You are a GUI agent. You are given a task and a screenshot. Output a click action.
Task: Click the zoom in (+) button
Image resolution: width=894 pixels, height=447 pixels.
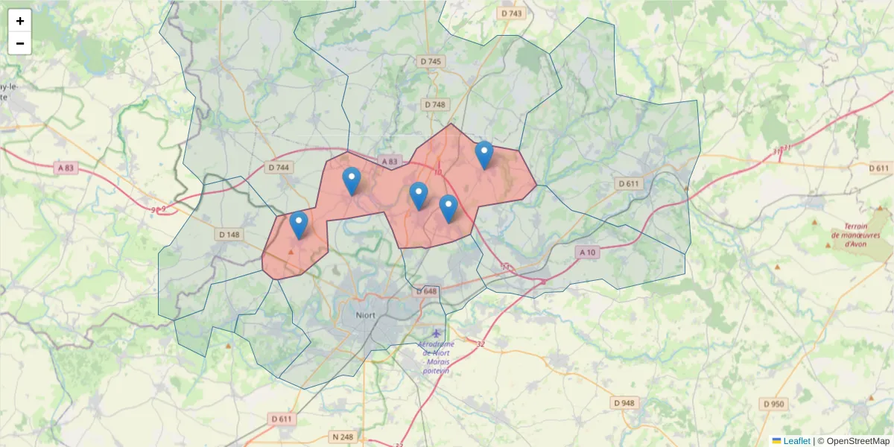[20, 21]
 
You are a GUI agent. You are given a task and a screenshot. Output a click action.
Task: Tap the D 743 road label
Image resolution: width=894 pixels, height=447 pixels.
[512, 13]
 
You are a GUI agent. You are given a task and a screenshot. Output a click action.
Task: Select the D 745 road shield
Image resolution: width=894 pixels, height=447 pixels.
[431, 61]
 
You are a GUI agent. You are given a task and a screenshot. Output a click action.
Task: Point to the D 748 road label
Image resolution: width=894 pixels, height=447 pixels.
[434, 104]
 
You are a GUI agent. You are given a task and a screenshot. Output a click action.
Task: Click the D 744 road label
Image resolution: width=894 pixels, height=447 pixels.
[277, 168]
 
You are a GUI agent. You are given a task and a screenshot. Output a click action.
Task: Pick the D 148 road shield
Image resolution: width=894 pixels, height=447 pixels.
[229, 234]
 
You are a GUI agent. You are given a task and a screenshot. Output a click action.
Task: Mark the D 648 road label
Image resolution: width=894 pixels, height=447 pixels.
[426, 291]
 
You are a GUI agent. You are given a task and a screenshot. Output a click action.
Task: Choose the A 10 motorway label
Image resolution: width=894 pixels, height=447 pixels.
[587, 253]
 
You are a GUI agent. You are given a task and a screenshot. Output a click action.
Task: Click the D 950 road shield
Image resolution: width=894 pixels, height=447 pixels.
[773, 404]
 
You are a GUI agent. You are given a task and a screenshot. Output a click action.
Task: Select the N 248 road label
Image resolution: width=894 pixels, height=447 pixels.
[343, 436]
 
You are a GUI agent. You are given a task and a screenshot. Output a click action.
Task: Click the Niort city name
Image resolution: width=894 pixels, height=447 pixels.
[366, 315]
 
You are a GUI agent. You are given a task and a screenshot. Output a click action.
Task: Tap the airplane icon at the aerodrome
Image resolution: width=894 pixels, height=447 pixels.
[436, 333]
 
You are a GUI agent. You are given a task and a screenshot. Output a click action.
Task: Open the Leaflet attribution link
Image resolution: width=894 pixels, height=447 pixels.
[796, 441]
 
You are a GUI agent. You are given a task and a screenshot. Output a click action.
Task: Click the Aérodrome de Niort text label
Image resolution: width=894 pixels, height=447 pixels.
[436, 357]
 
